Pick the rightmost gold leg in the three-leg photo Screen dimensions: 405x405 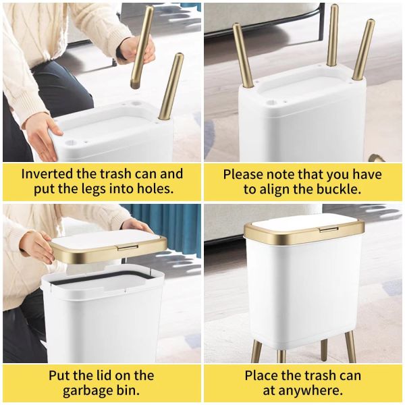363,50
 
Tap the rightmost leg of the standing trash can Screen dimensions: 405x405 350,346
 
